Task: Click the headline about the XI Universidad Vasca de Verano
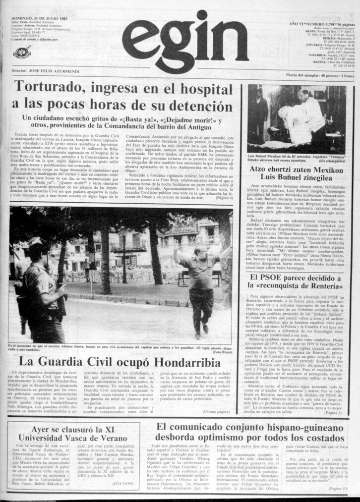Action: tap(75, 433)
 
